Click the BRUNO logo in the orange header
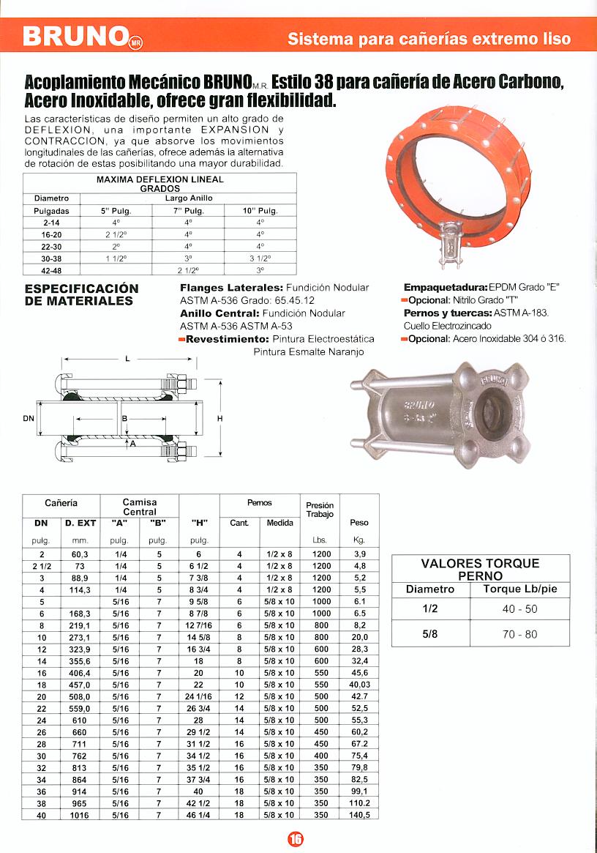(x=82, y=35)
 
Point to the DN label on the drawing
(x=29, y=418)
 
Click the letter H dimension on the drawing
(x=220, y=418)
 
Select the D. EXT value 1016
(x=80, y=814)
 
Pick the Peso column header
(x=359, y=523)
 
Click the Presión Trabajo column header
(x=320, y=510)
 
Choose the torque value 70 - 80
(x=519, y=634)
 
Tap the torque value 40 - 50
(x=519, y=609)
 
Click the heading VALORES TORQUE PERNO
(x=480, y=569)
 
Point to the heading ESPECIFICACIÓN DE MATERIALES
(x=81, y=294)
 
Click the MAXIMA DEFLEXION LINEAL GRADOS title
(x=159, y=183)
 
